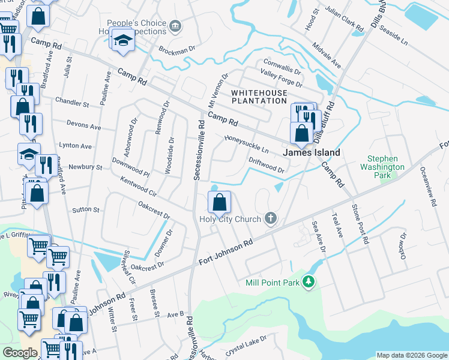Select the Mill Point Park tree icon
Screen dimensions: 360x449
(309, 281)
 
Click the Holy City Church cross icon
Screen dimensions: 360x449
(271, 219)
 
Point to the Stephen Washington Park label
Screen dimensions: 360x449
(382, 167)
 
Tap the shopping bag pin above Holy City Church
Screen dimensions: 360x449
(220, 203)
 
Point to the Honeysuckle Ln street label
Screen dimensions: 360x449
(246, 144)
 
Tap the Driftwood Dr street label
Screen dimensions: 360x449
(266, 165)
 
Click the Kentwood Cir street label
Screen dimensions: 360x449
(138, 187)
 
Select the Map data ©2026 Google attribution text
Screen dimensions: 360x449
(411, 355)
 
